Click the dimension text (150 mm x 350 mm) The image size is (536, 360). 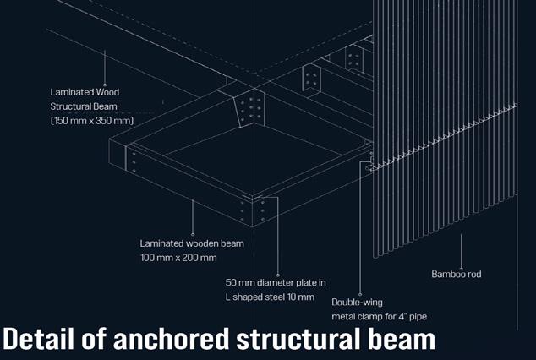(92, 121)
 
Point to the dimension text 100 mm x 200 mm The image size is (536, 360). (178, 257)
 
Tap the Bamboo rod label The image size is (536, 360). (457, 274)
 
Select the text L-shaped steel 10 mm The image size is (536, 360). (269, 297)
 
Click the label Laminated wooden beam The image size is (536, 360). (192, 243)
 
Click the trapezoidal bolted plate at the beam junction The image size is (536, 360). (251, 110)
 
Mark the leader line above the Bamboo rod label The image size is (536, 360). (462, 249)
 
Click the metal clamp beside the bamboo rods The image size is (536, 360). (369, 162)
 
